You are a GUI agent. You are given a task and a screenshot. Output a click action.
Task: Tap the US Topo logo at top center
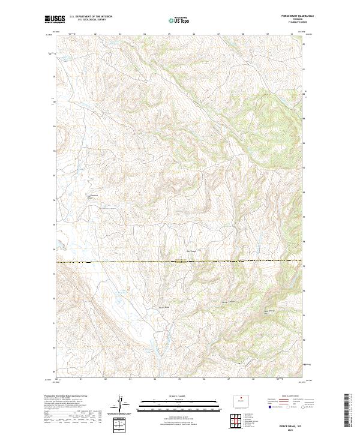click(x=179, y=20)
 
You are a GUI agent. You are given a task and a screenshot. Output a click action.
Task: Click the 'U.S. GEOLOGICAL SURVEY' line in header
click(x=84, y=20)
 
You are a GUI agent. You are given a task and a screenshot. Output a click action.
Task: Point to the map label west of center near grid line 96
click(x=96, y=196)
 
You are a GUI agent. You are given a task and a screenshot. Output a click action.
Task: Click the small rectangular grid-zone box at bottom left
click(x=121, y=425)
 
